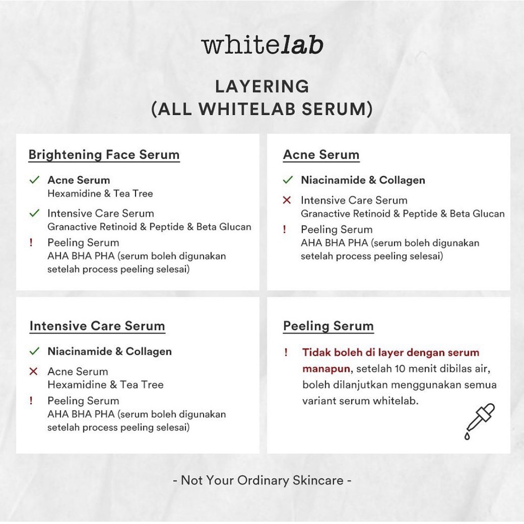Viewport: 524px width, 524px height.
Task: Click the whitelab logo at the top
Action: [263, 45]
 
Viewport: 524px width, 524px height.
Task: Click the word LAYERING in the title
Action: [262, 86]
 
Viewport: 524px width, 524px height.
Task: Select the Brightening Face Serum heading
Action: [104, 155]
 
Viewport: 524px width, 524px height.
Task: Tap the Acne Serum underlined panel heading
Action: [321, 155]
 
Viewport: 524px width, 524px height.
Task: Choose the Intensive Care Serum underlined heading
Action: [97, 326]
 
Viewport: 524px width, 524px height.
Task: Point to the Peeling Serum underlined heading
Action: [329, 326]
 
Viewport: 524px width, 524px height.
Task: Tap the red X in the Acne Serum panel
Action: [287, 200]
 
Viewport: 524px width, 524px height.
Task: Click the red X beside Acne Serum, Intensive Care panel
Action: [33, 372]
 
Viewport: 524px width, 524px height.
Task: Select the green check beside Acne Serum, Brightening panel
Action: [34, 180]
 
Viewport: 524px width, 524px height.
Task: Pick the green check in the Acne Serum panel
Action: [288, 180]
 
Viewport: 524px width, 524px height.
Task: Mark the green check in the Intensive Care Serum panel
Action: [34, 351]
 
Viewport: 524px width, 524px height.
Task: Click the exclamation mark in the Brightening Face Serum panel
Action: [31, 242]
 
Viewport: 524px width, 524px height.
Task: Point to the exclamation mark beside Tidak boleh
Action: [286, 352]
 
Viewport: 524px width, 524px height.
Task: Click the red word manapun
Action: [326, 369]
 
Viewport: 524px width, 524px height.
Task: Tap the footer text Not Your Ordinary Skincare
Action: [262, 480]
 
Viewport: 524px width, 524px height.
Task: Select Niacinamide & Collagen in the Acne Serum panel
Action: [363, 180]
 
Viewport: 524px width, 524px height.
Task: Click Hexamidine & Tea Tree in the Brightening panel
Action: [100, 193]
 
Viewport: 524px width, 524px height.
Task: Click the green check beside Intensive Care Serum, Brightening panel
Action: [34, 213]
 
